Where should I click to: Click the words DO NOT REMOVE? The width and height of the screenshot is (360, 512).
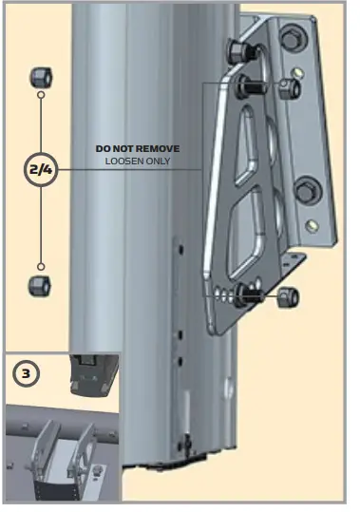point(137,149)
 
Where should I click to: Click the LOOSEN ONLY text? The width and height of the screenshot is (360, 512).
point(137,162)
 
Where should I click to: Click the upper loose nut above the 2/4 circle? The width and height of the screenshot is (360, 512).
point(42,75)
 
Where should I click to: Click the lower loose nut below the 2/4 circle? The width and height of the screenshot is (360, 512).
point(42,285)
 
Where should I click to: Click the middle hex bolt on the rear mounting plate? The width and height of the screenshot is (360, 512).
point(306,191)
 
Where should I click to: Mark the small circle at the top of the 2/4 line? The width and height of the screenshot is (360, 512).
point(42,95)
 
